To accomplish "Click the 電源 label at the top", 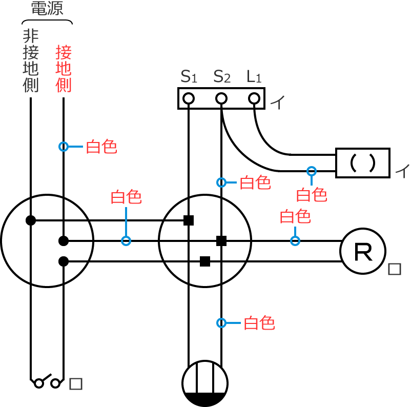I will tap(47, 9).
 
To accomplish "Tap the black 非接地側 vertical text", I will tap(31, 60).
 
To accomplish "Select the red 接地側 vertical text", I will tap(64, 69).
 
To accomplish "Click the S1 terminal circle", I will tap(189, 98).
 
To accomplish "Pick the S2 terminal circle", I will tap(221, 98).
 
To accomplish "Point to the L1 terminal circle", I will tap(254, 98).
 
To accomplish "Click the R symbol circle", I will tap(363, 251).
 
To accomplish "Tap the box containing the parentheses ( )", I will tap(363, 163).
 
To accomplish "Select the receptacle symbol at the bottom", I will tap(205, 383).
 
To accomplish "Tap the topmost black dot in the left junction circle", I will tap(31, 220).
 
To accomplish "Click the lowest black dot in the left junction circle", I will tap(64, 261).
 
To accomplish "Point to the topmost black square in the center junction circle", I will tap(189, 220).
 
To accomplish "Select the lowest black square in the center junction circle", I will tap(205, 261).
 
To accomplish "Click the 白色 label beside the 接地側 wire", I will tap(101, 147).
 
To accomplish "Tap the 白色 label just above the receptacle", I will tap(259, 323).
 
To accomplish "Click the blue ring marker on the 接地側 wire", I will tap(64, 147).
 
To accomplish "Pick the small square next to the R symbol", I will tap(394, 269).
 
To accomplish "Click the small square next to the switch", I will tap(75, 383).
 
